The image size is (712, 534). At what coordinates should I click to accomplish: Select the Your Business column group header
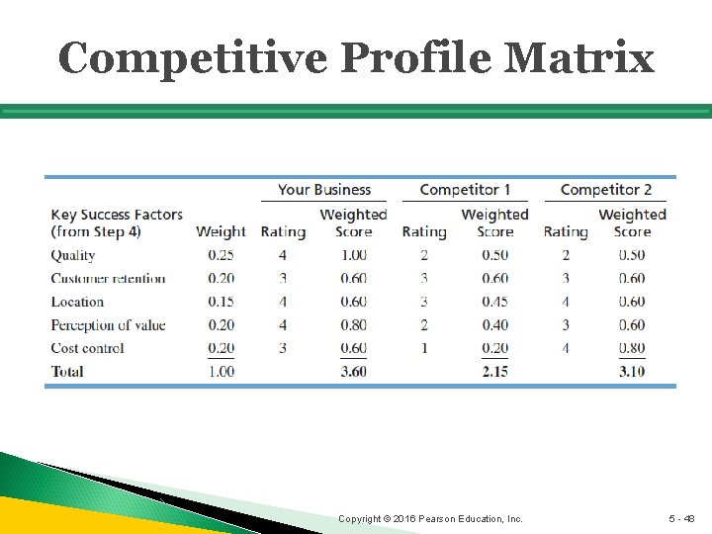[x=323, y=190]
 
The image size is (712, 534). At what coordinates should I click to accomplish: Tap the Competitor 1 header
[x=465, y=190]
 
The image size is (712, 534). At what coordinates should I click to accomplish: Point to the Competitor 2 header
[x=605, y=190]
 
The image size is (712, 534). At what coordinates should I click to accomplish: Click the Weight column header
[x=221, y=231]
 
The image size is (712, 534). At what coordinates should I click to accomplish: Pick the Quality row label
[x=73, y=255]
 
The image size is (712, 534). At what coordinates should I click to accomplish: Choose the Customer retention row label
[x=108, y=279]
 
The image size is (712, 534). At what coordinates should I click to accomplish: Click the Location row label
[x=77, y=302]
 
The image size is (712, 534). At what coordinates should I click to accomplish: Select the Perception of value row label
[x=108, y=325]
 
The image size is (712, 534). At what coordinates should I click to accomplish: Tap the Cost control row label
[x=88, y=348]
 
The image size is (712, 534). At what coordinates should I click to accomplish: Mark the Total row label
[x=67, y=372]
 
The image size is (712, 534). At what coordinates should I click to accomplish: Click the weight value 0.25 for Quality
[x=221, y=255]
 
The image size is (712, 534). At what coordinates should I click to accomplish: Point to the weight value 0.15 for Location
[x=221, y=302]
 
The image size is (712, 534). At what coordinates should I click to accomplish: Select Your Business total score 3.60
[x=353, y=372]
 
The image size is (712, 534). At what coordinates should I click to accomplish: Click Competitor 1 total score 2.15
[x=494, y=372]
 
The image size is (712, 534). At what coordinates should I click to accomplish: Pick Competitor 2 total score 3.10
[x=632, y=372]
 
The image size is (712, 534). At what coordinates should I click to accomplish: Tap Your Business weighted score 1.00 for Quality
[x=353, y=255]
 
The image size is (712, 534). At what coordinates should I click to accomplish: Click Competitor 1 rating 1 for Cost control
[x=424, y=348]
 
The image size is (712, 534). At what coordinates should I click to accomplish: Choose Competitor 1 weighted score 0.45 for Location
[x=494, y=302]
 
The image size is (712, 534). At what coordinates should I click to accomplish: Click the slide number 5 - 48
[x=682, y=518]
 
